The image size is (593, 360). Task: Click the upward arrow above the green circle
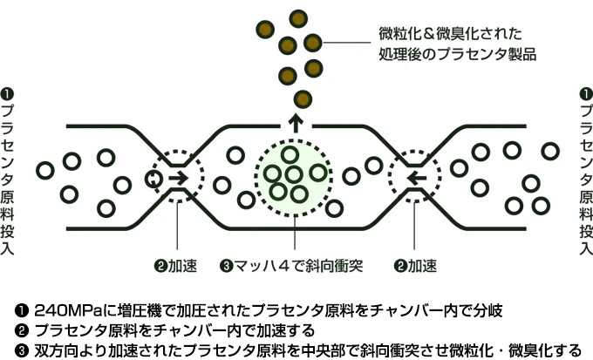(x=296, y=122)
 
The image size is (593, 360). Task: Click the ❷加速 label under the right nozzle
(x=415, y=264)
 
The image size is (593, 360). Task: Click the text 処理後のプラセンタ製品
(x=457, y=54)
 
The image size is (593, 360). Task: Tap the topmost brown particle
(x=299, y=17)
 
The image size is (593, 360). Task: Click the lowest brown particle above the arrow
(x=303, y=96)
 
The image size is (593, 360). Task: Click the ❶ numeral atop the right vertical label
(x=586, y=92)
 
